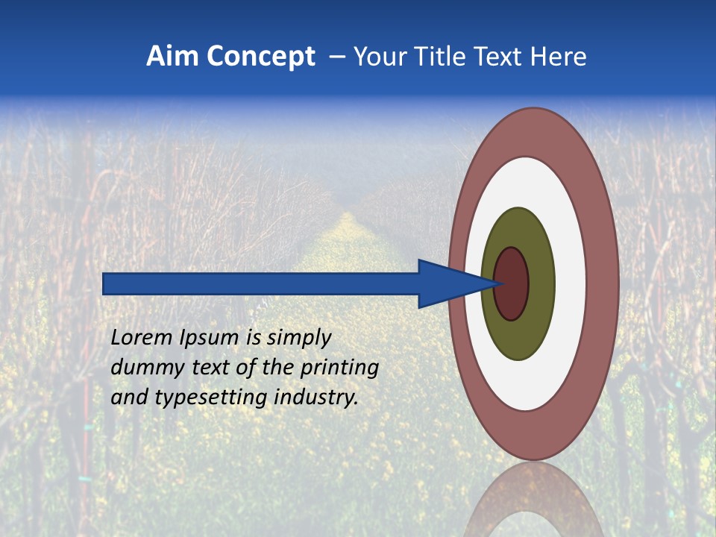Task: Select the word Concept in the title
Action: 261,57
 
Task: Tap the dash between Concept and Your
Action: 336,57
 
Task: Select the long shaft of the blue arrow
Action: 261,283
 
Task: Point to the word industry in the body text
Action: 316,398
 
